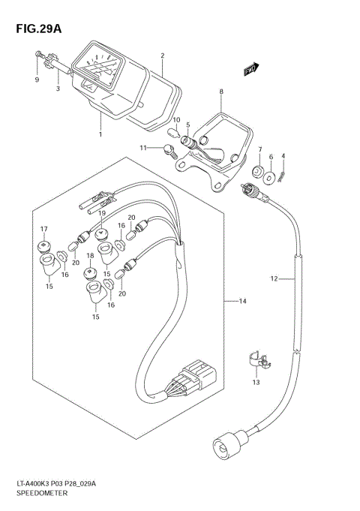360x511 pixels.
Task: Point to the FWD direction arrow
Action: (x=250, y=69)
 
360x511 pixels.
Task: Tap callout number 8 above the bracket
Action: (x=221, y=92)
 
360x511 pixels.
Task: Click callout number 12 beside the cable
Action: (x=274, y=279)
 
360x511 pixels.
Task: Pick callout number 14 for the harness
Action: (x=243, y=302)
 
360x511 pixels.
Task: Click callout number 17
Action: (x=43, y=229)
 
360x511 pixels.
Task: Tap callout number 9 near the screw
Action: (x=36, y=79)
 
